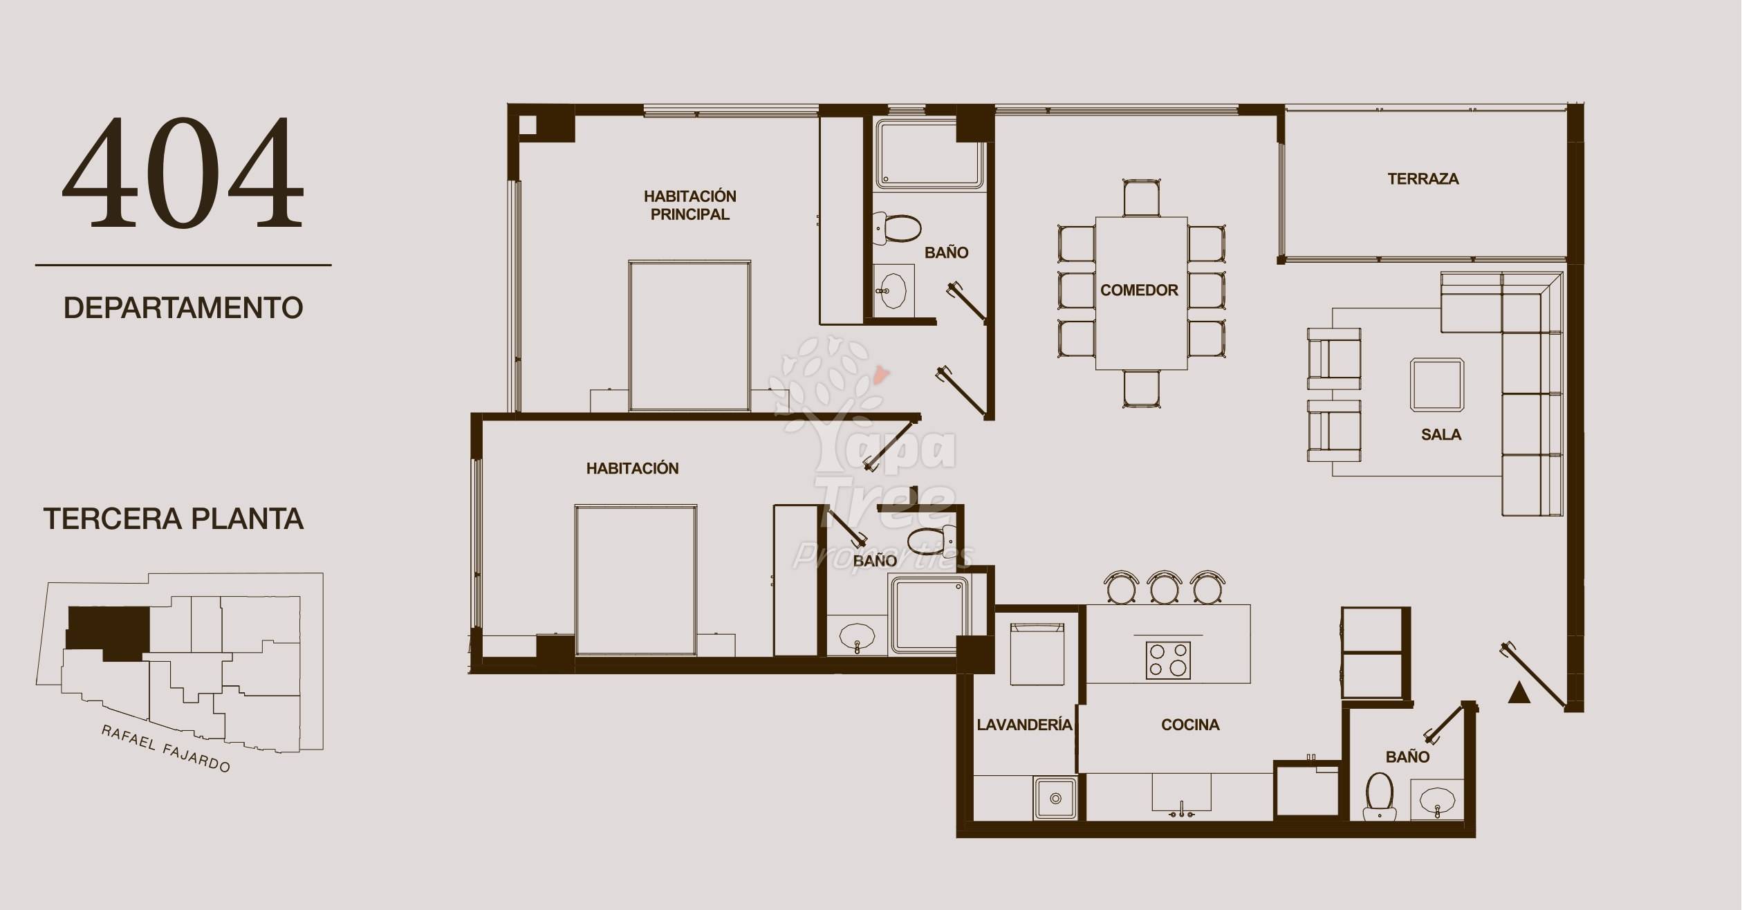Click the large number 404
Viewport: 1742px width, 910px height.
pos(183,173)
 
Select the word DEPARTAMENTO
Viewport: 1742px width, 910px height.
pos(183,308)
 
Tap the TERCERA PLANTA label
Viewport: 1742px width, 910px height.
pos(174,519)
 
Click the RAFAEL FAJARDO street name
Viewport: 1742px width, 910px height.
pos(165,748)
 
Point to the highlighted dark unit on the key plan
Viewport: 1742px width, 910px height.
pos(109,631)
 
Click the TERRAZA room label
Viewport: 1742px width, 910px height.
pos(1423,179)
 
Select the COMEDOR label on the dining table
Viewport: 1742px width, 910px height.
pos(1139,290)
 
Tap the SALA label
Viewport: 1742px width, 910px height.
pos(1441,435)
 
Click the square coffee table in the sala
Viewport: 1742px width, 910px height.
pos(1437,385)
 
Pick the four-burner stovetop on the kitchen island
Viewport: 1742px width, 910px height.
pos(1168,660)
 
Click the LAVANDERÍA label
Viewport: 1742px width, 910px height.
pos(1024,725)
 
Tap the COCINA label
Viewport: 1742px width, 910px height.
pos(1190,725)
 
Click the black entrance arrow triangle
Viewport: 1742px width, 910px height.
pos(1519,693)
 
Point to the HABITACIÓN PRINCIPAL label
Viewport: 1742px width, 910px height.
pos(689,205)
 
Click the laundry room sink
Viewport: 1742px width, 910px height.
pos(1055,798)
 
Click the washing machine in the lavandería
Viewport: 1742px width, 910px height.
pos(1037,653)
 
